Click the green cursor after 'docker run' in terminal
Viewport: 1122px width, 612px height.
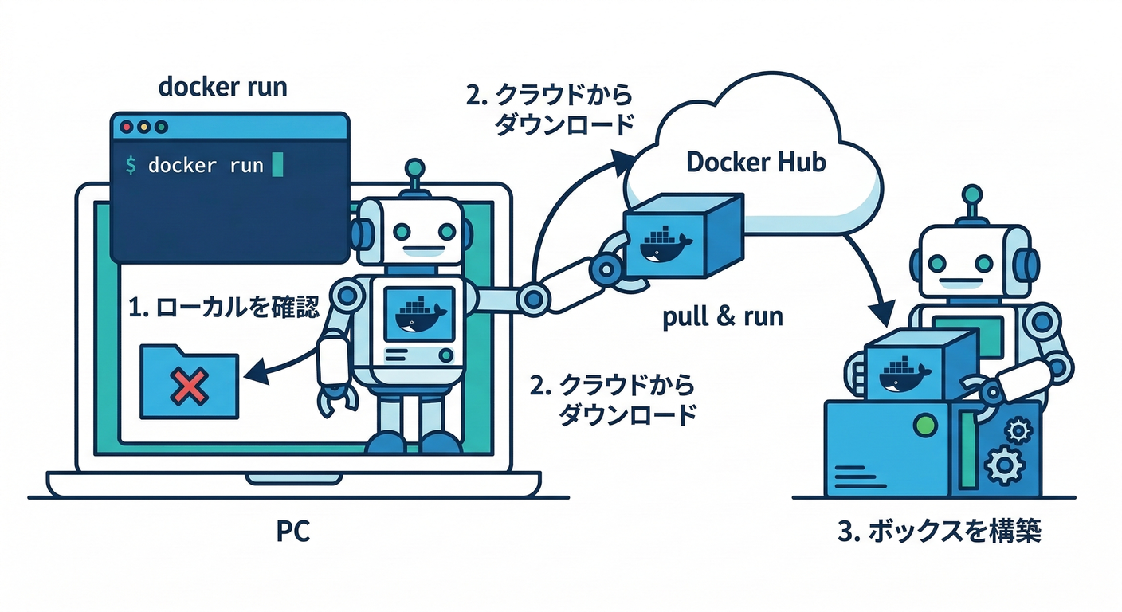[x=277, y=165]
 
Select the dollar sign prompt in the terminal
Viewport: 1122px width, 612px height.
[x=131, y=165]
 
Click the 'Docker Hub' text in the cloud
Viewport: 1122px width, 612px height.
[x=755, y=163]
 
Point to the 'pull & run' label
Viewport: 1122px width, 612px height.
[x=723, y=317]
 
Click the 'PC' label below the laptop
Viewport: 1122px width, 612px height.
[x=293, y=532]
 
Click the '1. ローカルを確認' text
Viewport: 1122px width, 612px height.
[x=224, y=307]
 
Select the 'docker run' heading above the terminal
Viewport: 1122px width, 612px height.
[x=223, y=87]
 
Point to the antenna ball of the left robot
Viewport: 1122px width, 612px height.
[x=414, y=169]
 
